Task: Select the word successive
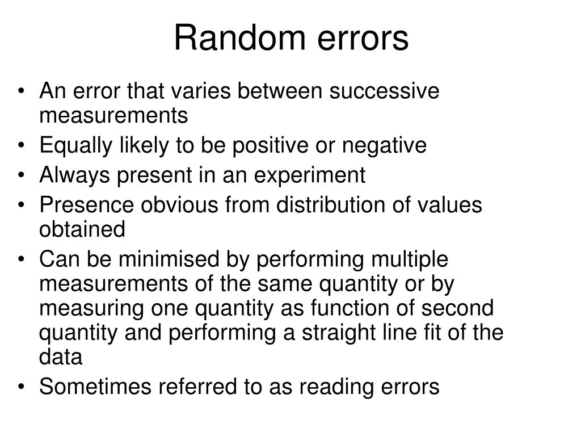[x=391, y=91]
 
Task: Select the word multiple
[x=409, y=259]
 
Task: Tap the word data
[x=61, y=357]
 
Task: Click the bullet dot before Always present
[x=22, y=177]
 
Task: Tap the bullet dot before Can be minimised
[x=22, y=260]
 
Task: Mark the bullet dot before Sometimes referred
[x=22, y=387]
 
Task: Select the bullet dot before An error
[x=22, y=92]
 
